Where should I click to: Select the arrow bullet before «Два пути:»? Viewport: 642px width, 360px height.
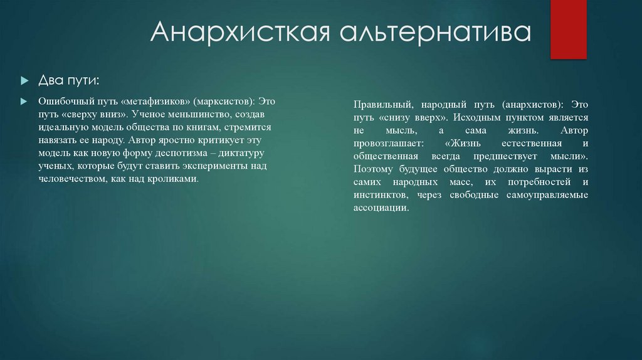24,81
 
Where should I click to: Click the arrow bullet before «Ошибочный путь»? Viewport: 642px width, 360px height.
24,102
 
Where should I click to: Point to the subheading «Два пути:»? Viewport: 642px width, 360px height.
68,80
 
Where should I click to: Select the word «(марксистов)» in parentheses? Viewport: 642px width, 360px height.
223,101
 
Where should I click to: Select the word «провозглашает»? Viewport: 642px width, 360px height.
384,142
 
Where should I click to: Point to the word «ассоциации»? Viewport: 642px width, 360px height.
381,208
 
